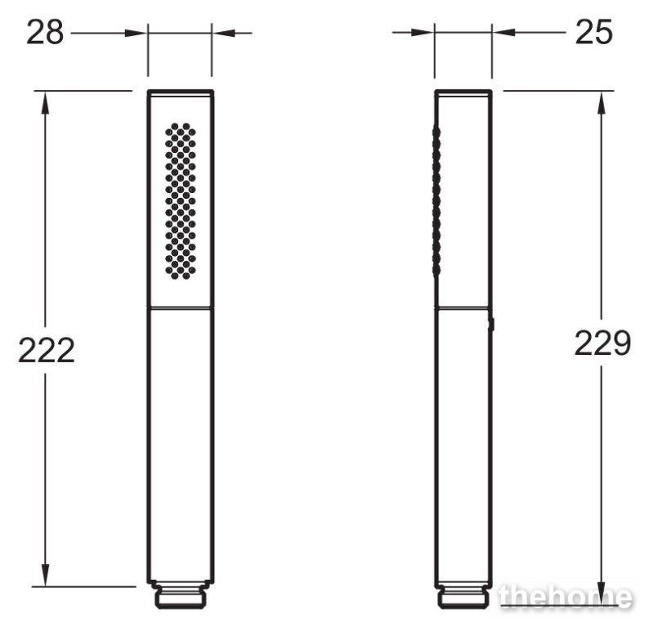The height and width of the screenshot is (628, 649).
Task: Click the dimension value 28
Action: (45, 33)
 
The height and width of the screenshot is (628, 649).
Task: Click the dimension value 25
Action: (593, 33)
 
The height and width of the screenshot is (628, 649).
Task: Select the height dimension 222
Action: (47, 350)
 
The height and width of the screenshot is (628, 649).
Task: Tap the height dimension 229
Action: (602, 343)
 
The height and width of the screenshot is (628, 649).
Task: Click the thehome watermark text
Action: (566, 597)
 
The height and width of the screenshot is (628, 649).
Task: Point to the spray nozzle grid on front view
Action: (181, 201)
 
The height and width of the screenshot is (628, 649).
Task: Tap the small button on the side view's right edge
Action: (492, 324)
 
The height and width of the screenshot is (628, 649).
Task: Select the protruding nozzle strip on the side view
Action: (436, 201)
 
